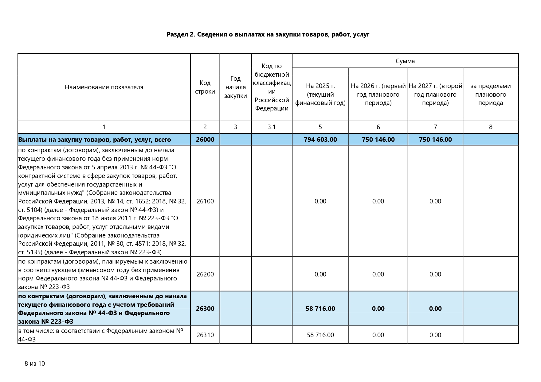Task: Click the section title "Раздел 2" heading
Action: tap(268, 34)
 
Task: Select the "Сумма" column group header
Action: tap(405, 61)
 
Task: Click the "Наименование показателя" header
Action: tap(104, 87)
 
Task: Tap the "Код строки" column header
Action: tap(205, 87)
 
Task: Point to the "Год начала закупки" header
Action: tap(235, 87)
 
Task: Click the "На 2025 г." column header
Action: tap(320, 94)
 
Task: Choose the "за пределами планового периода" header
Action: tap(490, 94)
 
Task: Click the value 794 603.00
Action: tap(320, 140)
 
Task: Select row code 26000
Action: tap(205, 140)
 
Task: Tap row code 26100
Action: tap(205, 201)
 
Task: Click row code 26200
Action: tap(205, 274)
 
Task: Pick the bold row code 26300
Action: tap(205, 309)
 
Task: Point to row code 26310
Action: tap(205, 335)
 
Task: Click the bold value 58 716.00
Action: tap(320, 309)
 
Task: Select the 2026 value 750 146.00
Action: tap(378, 140)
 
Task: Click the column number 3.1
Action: tap(272, 127)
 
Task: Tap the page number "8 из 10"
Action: tap(35, 364)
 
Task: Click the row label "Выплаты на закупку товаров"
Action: tap(94, 140)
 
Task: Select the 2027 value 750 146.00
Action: tap(435, 140)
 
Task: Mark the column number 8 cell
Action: tap(490, 127)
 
